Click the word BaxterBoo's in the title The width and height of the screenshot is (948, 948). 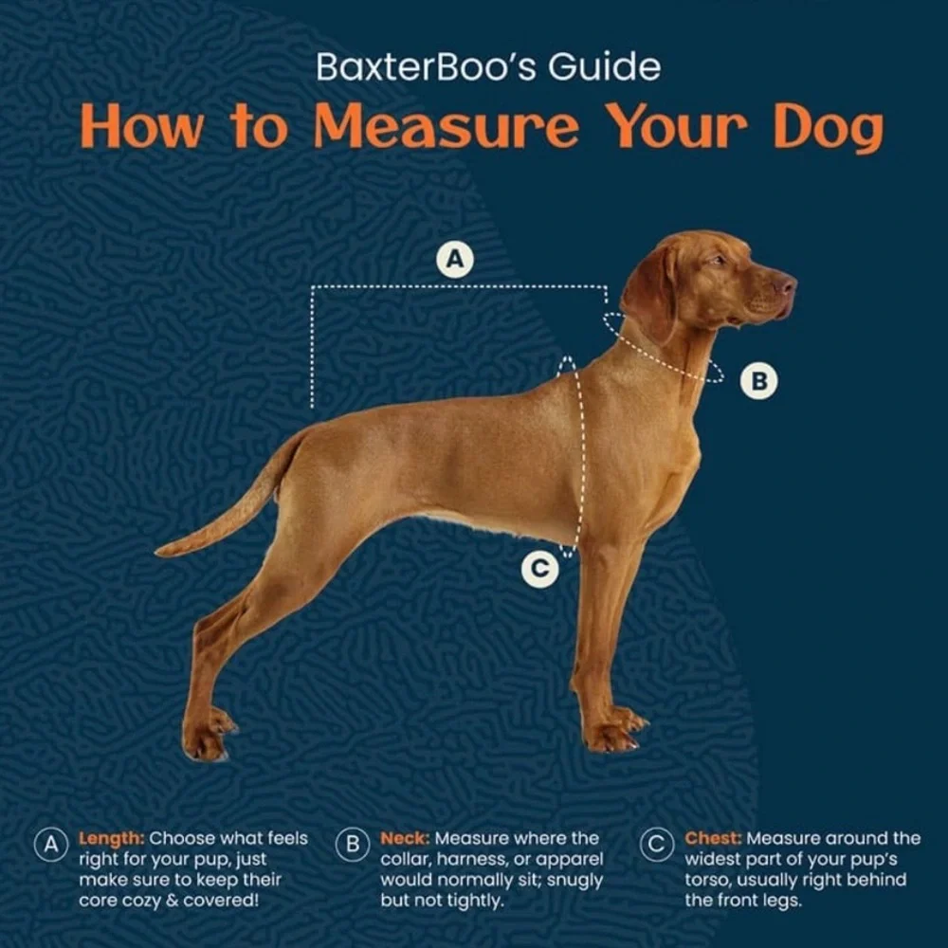click(x=427, y=66)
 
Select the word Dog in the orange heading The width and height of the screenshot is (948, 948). click(x=829, y=129)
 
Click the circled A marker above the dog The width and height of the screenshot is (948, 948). click(x=455, y=260)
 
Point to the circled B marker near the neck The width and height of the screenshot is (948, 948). click(x=758, y=381)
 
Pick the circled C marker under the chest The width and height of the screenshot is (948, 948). click(x=540, y=569)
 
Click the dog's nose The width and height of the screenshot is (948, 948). click(x=788, y=284)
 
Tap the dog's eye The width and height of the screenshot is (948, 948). click(x=718, y=261)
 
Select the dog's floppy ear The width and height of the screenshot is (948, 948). click(x=650, y=291)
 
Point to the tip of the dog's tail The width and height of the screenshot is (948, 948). click(x=159, y=551)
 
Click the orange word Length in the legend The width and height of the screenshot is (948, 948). click(x=111, y=839)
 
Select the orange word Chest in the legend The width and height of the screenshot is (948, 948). click(x=713, y=839)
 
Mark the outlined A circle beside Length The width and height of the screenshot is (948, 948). click(x=51, y=845)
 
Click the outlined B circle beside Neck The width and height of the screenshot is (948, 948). click(x=353, y=845)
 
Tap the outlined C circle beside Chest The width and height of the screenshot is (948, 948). click(x=657, y=845)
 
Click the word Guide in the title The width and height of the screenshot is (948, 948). click(x=604, y=66)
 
